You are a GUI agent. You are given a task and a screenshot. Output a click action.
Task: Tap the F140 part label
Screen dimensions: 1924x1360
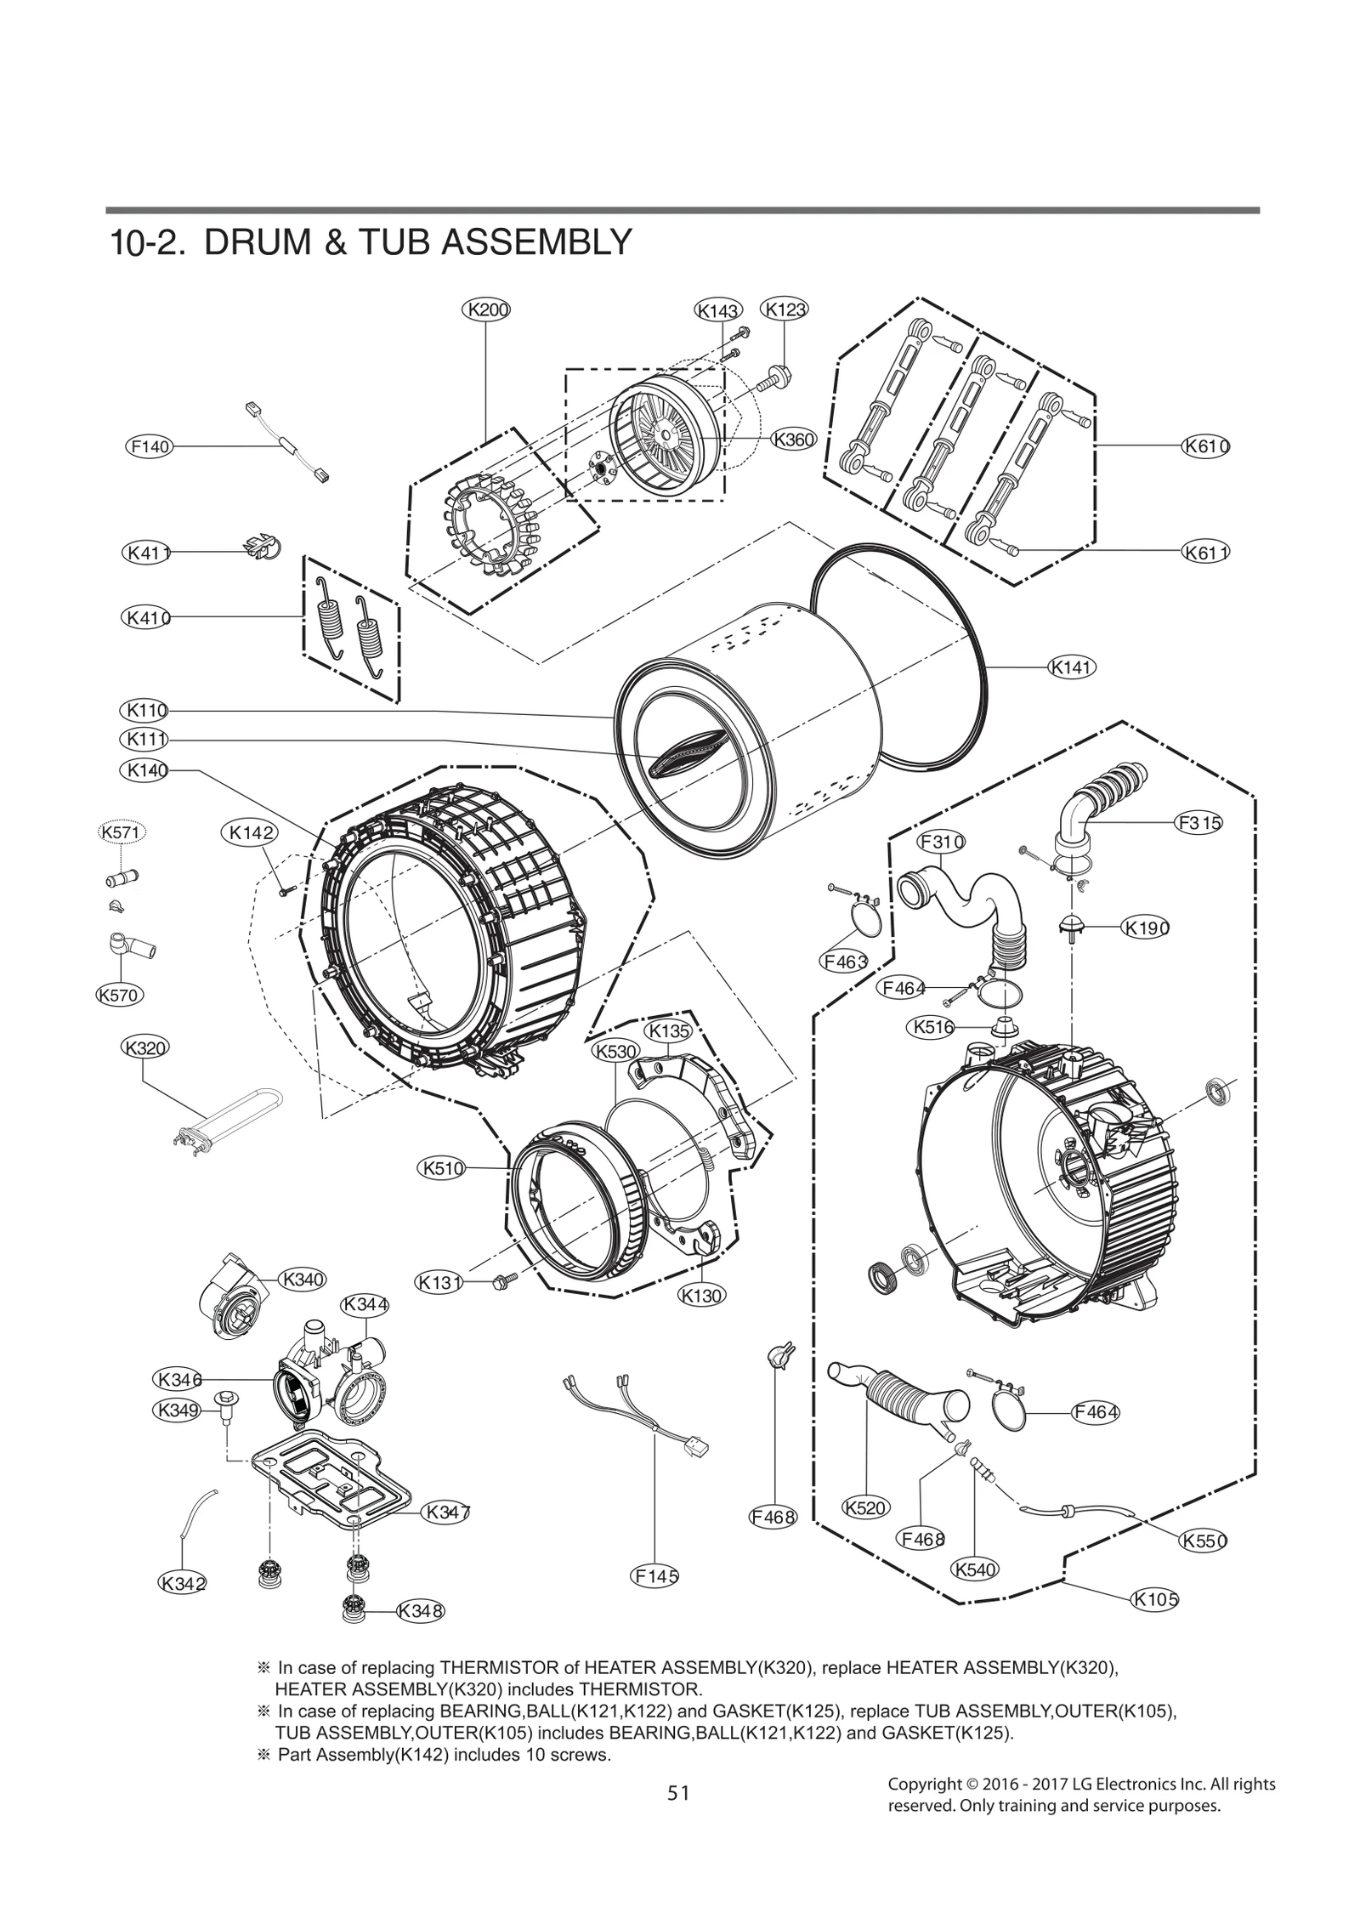(x=149, y=446)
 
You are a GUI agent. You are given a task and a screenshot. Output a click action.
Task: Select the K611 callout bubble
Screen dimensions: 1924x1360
(x=1207, y=553)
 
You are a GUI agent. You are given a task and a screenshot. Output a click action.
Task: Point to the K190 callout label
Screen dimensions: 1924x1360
(x=1146, y=928)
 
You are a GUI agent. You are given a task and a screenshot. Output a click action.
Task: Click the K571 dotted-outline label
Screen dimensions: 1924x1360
(x=120, y=832)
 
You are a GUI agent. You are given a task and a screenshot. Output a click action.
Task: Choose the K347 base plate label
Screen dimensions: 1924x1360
(x=446, y=1512)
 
